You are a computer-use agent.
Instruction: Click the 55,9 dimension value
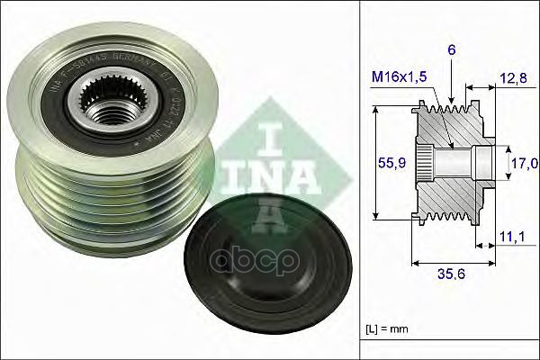tap(387, 162)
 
